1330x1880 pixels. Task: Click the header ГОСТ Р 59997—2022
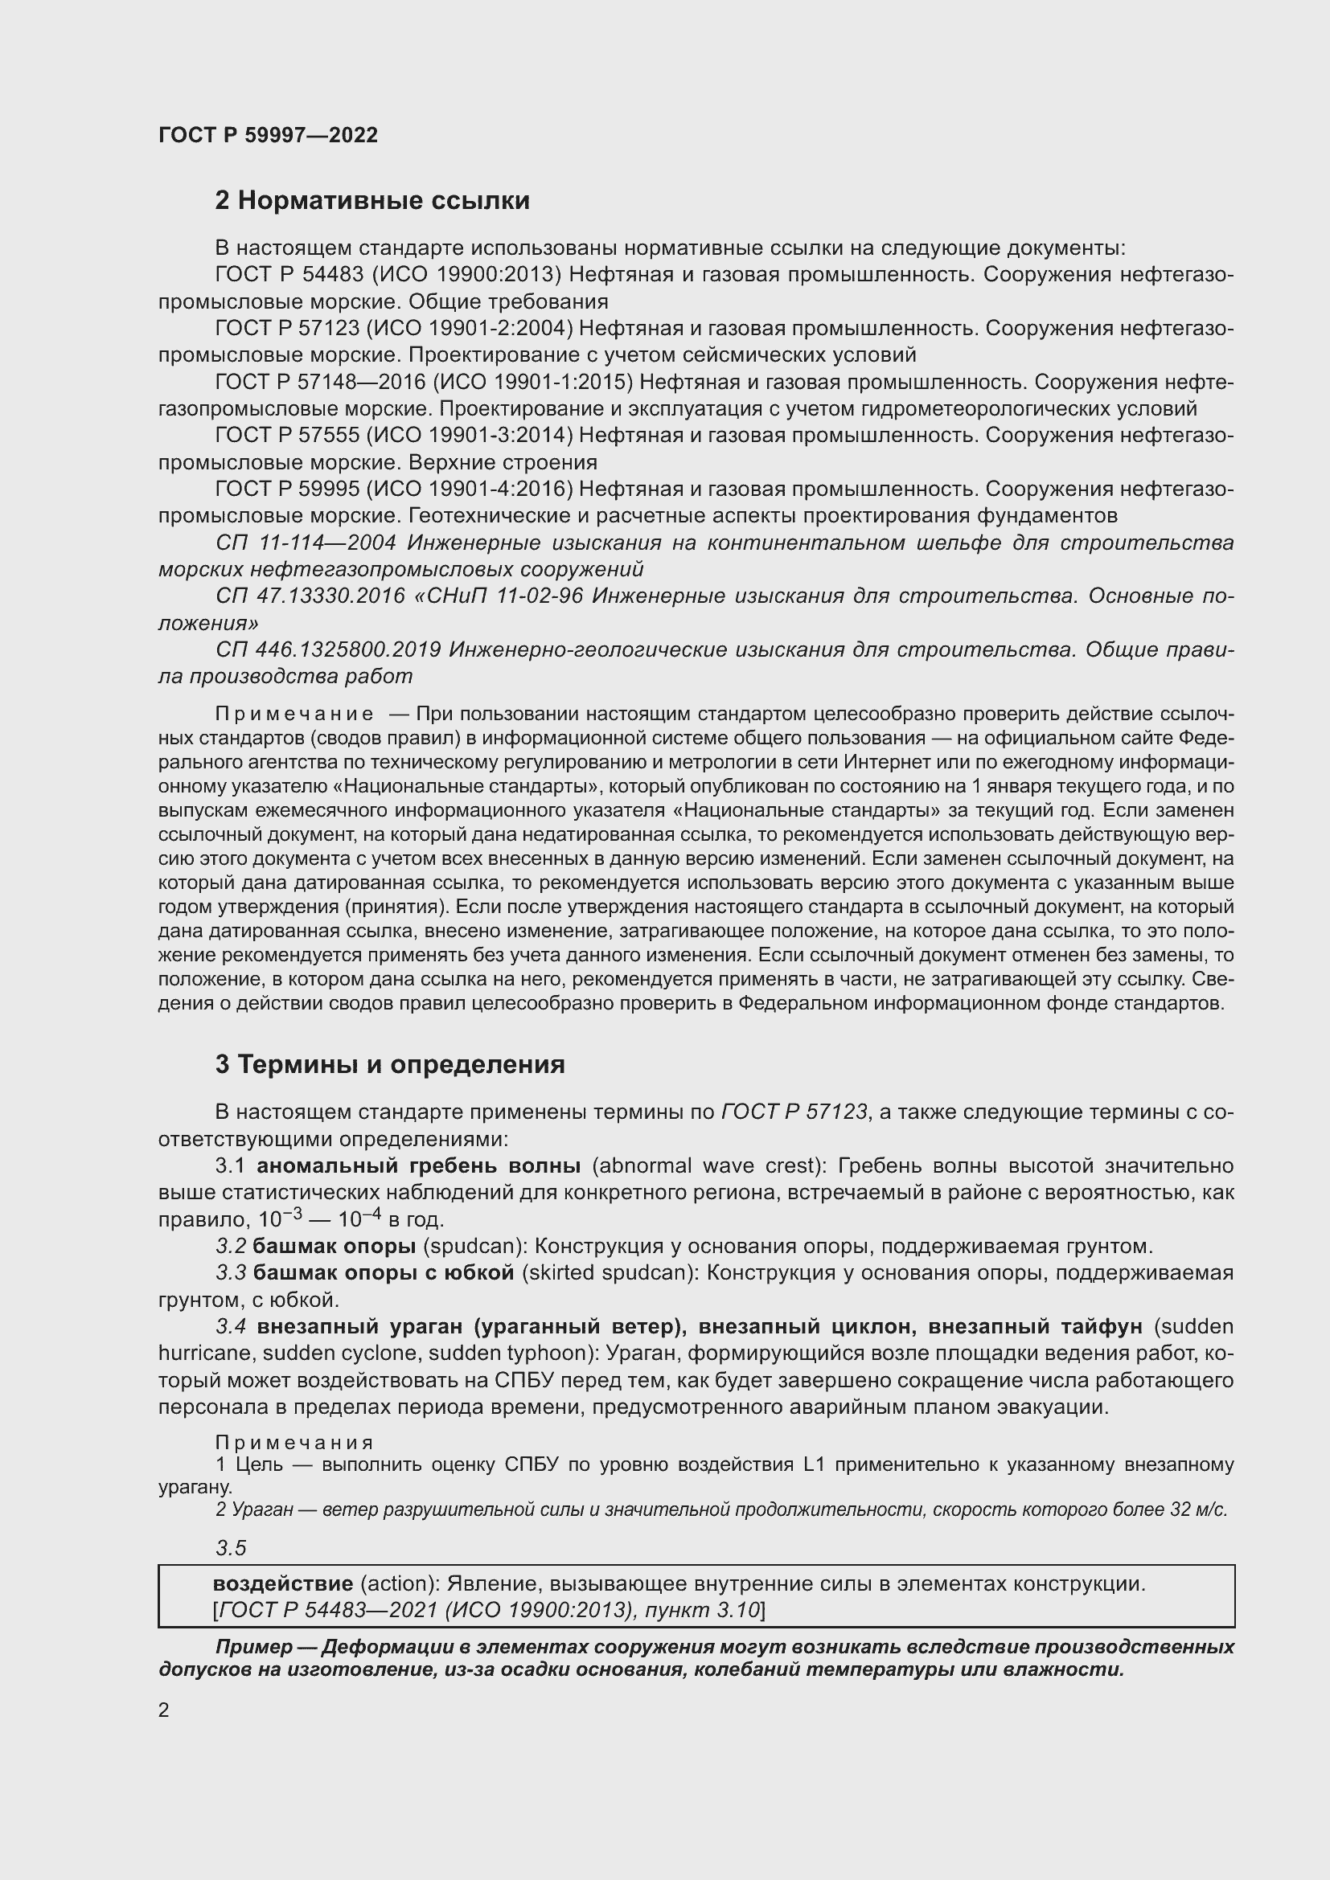tap(268, 135)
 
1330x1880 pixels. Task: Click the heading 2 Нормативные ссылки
tap(371, 201)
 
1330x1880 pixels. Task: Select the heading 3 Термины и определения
tap(390, 1064)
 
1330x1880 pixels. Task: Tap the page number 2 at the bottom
tap(164, 1710)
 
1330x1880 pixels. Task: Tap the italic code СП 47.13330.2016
tap(310, 596)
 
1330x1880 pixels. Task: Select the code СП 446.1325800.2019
tap(328, 649)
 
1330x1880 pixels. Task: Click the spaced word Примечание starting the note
tap(294, 714)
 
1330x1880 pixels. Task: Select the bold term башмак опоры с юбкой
tap(384, 1273)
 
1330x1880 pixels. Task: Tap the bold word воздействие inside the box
tap(282, 1583)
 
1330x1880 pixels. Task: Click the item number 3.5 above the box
tap(230, 1548)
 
